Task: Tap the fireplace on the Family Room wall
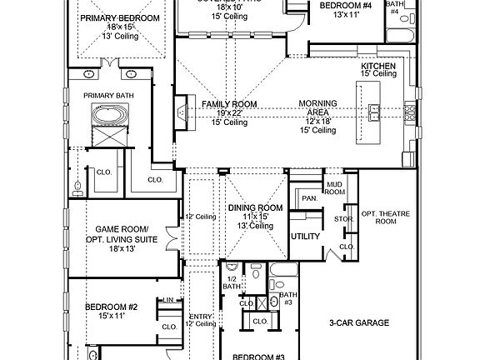[x=180, y=112]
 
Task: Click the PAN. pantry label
[x=308, y=198]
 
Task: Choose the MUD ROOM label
[x=335, y=188]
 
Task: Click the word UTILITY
[x=305, y=237]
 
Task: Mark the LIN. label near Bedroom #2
[x=168, y=299]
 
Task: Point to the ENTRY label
[x=201, y=316]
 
